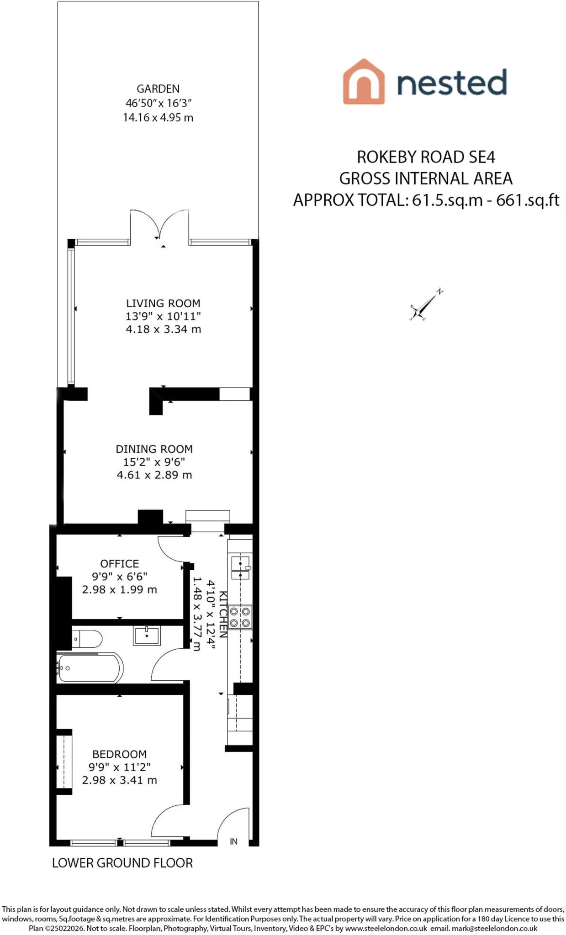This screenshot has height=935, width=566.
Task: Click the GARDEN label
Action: (x=158, y=89)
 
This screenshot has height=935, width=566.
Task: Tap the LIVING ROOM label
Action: (x=163, y=303)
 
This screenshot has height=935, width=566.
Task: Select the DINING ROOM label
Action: (x=154, y=449)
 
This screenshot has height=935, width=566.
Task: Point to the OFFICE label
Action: (x=120, y=563)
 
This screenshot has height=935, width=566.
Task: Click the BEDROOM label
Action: (x=120, y=754)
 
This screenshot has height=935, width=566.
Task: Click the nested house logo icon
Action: (x=364, y=81)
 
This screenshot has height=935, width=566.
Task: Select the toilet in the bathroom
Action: (x=88, y=639)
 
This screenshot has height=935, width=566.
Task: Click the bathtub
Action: (x=90, y=668)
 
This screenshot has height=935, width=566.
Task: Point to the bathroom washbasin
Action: (x=147, y=636)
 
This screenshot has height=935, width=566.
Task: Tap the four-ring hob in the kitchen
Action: (x=240, y=617)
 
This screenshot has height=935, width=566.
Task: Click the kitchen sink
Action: (x=240, y=567)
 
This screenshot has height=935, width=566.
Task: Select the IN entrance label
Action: (x=233, y=841)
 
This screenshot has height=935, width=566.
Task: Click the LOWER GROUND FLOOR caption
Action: (x=122, y=863)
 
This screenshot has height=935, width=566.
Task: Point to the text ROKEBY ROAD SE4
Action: (x=426, y=157)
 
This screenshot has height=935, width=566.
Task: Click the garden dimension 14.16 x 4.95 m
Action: (x=158, y=117)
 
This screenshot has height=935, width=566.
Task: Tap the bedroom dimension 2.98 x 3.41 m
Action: (x=120, y=780)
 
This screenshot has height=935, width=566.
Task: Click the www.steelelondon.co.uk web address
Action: (x=386, y=928)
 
